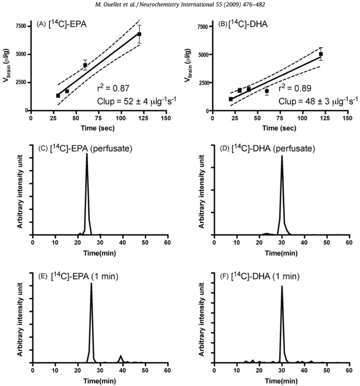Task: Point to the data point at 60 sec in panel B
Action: pyautogui.click(x=267, y=91)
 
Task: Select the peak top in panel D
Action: pyautogui.click(x=282, y=156)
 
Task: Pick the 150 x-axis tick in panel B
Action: pyautogui.click(x=348, y=118)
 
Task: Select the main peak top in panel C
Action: pyautogui.click(x=87, y=154)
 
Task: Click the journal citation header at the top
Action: pyautogui.click(x=180, y=4)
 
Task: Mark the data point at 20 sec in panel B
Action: pyautogui.click(x=231, y=99)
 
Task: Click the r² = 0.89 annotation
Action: pyautogui.click(x=291, y=87)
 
